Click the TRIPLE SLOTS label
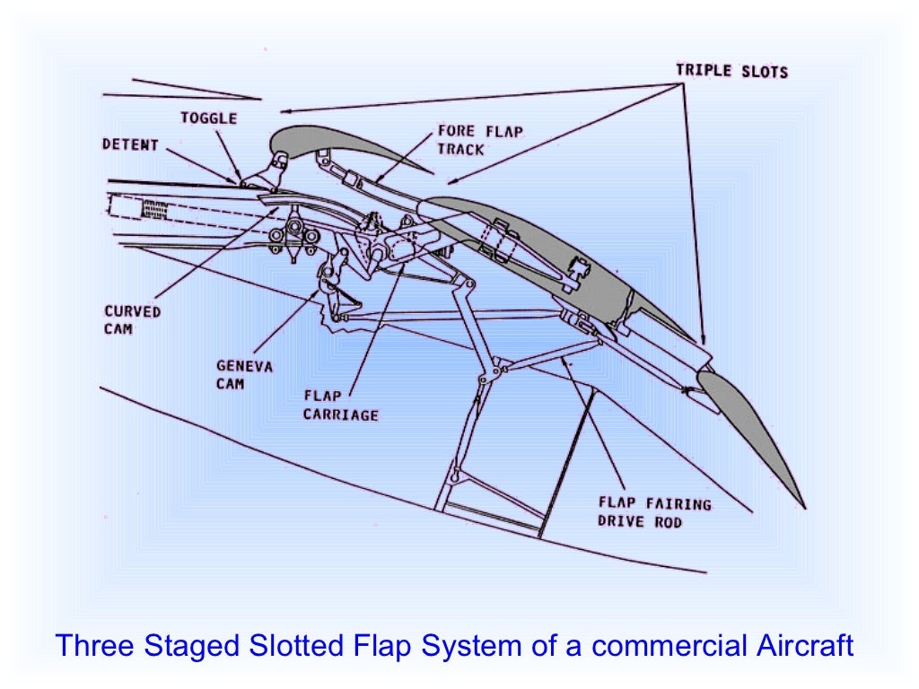pyautogui.click(x=731, y=71)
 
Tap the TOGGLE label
pyautogui.click(x=208, y=118)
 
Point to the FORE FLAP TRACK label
pyautogui.click(x=480, y=139)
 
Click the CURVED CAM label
pyautogui.click(x=131, y=320)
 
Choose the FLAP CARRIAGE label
pyautogui.click(x=340, y=406)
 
